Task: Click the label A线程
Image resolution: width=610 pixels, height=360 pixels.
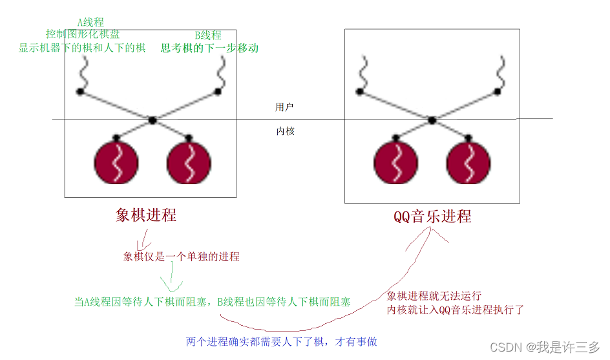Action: (91, 22)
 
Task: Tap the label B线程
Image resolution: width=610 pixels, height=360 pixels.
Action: (208, 36)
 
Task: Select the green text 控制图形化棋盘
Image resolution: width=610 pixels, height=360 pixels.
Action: (83, 34)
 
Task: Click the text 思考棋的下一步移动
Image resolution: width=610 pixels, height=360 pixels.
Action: (209, 48)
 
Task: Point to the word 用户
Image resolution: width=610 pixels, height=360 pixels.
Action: (285, 107)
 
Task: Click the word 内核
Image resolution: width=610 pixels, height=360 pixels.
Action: (285, 131)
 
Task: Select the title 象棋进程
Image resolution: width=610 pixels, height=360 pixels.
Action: (146, 215)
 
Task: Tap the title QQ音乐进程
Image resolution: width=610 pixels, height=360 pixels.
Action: (432, 216)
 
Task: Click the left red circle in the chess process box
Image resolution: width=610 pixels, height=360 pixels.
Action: (116, 162)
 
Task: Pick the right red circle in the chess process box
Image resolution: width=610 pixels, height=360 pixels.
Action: (189, 162)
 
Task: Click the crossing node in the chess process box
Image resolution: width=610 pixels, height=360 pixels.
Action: (152, 120)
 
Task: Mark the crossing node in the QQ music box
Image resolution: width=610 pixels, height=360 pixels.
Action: (432, 120)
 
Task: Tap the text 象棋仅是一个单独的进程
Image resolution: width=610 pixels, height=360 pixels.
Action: (182, 257)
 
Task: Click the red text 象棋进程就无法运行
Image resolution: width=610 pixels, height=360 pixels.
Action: (434, 296)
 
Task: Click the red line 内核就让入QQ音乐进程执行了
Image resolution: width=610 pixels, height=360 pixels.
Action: (456, 310)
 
